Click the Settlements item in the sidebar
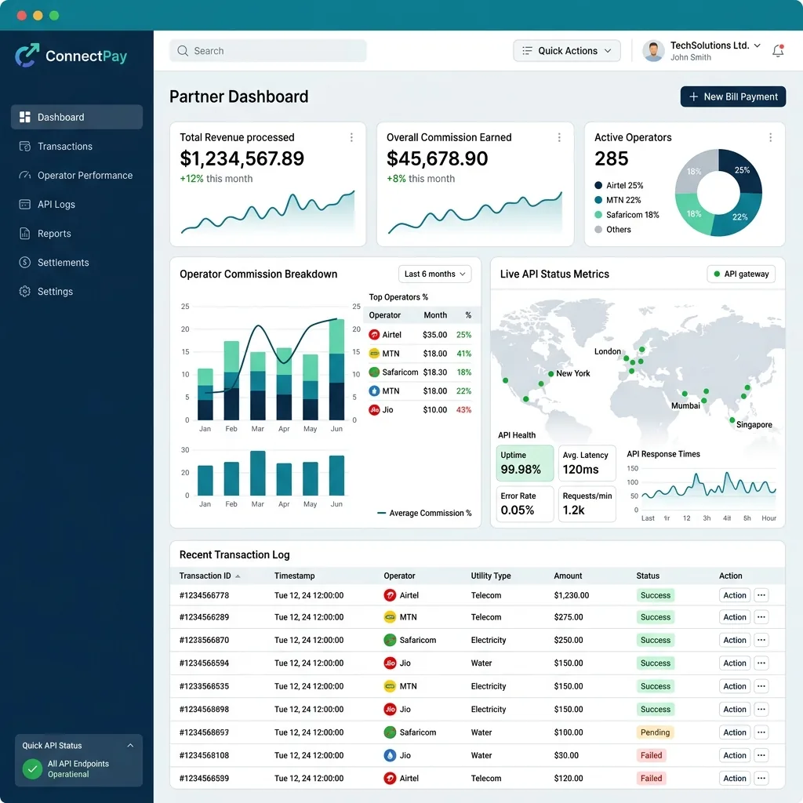(x=63, y=262)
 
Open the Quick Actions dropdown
(x=566, y=51)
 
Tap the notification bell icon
(x=778, y=51)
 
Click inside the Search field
(x=268, y=51)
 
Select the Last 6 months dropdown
(x=434, y=274)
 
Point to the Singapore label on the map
(x=754, y=424)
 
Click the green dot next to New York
(x=551, y=373)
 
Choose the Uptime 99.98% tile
(x=525, y=463)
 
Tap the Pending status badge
(x=655, y=732)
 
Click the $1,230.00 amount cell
(x=571, y=595)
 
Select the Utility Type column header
(x=491, y=576)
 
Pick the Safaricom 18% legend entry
(x=627, y=215)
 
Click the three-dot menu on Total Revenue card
(x=351, y=137)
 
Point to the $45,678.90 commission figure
(x=437, y=158)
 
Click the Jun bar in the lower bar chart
(x=336, y=475)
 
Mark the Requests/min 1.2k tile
(x=587, y=504)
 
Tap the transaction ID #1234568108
(x=204, y=755)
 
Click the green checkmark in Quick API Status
(x=32, y=768)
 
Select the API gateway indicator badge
(x=741, y=274)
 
